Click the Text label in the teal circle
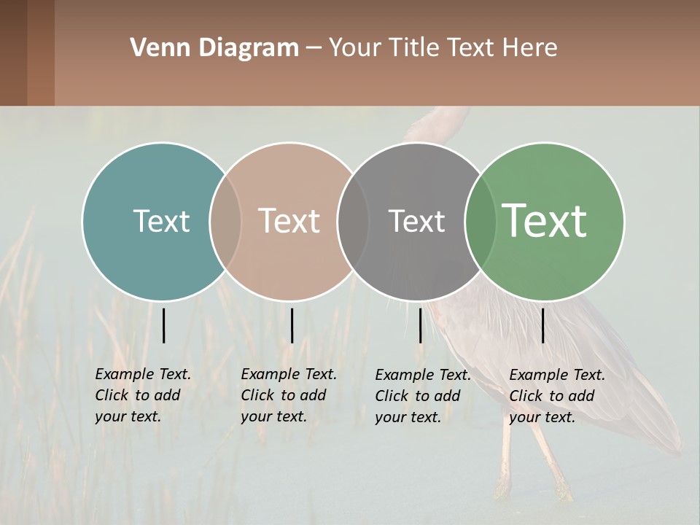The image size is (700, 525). coord(161,221)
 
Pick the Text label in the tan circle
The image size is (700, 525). coord(289,221)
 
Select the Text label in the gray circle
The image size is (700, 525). coord(416,221)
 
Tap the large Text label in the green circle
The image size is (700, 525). coord(544,220)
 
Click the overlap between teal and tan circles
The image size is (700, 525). coord(225,221)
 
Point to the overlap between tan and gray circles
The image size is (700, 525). coord(353,221)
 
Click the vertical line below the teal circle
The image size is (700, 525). coord(163,325)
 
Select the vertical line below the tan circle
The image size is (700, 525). coord(292,325)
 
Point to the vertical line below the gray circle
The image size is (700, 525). coord(420,325)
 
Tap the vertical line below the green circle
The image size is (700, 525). coord(542,325)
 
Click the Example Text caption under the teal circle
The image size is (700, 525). coord(142,395)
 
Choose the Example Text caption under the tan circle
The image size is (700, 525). coord(288,395)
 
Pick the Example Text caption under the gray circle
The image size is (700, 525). coord(422,396)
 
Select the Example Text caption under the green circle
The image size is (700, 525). coord(556,396)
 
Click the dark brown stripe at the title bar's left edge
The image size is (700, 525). coord(13,52)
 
